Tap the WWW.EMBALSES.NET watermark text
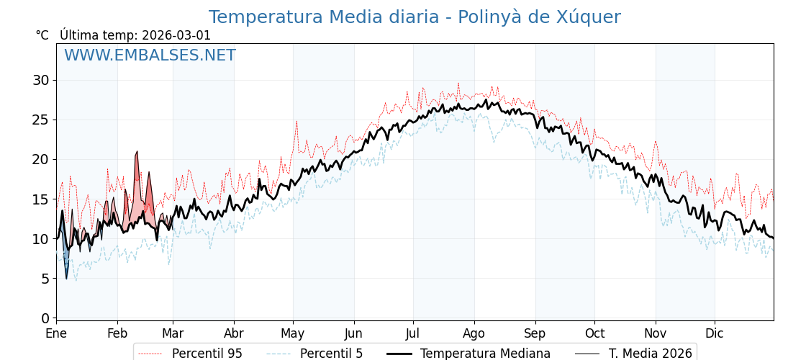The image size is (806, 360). (x=150, y=55)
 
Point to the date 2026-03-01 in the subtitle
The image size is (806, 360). (x=176, y=35)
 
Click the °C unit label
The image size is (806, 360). (x=42, y=35)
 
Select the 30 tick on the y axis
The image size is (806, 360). (x=41, y=80)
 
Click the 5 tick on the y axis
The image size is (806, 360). (x=45, y=279)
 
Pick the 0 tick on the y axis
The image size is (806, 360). (x=45, y=318)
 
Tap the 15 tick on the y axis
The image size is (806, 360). (x=41, y=199)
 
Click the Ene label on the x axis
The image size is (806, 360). (x=56, y=334)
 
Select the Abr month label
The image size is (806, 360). (x=234, y=334)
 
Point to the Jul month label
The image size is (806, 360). (x=413, y=334)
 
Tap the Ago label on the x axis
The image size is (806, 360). (x=474, y=334)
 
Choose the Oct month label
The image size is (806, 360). (x=594, y=334)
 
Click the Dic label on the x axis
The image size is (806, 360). (x=715, y=334)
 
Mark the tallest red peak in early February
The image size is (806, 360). (x=137, y=153)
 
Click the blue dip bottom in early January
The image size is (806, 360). (x=66, y=278)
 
